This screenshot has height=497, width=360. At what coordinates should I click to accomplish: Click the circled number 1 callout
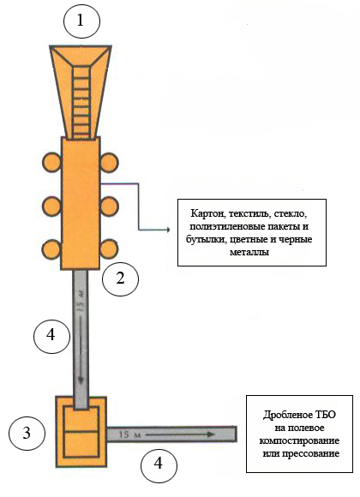coord(81,21)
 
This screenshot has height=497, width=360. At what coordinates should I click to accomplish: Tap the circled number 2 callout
coord(121,278)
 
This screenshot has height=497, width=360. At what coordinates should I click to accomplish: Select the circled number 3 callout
coord(27,433)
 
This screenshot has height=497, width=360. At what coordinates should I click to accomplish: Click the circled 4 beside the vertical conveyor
coord(51,335)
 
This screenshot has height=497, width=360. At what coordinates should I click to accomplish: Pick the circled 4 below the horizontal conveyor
coord(159,464)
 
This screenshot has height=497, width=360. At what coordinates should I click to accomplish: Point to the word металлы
coord(249,253)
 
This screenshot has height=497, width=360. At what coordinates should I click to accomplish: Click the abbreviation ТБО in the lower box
coord(324,415)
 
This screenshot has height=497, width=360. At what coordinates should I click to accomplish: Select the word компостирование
coord(299,441)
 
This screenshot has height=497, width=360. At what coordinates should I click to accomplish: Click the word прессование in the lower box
coord(311,453)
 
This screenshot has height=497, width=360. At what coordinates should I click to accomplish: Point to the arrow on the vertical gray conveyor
coord(81,350)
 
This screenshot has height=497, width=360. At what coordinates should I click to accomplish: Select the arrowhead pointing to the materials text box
coord(169,230)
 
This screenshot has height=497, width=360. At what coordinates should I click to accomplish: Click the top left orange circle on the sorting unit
coord(51,162)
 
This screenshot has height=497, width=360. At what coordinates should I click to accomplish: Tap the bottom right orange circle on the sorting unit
coord(109,248)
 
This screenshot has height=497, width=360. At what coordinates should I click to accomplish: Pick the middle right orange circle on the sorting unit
coord(110,207)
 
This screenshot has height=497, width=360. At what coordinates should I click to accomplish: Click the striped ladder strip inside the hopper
coord(81,104)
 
